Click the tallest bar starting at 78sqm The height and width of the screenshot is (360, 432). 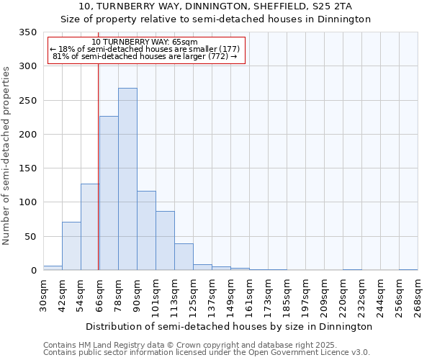127,179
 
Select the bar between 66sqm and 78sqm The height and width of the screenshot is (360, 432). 109,193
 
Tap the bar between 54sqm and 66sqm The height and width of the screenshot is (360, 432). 90,227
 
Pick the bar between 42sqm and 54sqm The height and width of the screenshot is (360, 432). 71,246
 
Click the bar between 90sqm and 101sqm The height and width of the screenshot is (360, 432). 146,230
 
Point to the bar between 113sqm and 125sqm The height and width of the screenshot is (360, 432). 184,257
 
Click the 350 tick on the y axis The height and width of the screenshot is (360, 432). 27,32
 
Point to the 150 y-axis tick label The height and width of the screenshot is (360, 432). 27,168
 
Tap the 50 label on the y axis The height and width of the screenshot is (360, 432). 30,236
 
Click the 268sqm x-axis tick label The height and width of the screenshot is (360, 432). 418,295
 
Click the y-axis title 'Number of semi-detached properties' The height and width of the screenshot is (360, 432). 7,155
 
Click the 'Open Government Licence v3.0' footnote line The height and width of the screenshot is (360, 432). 207,353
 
